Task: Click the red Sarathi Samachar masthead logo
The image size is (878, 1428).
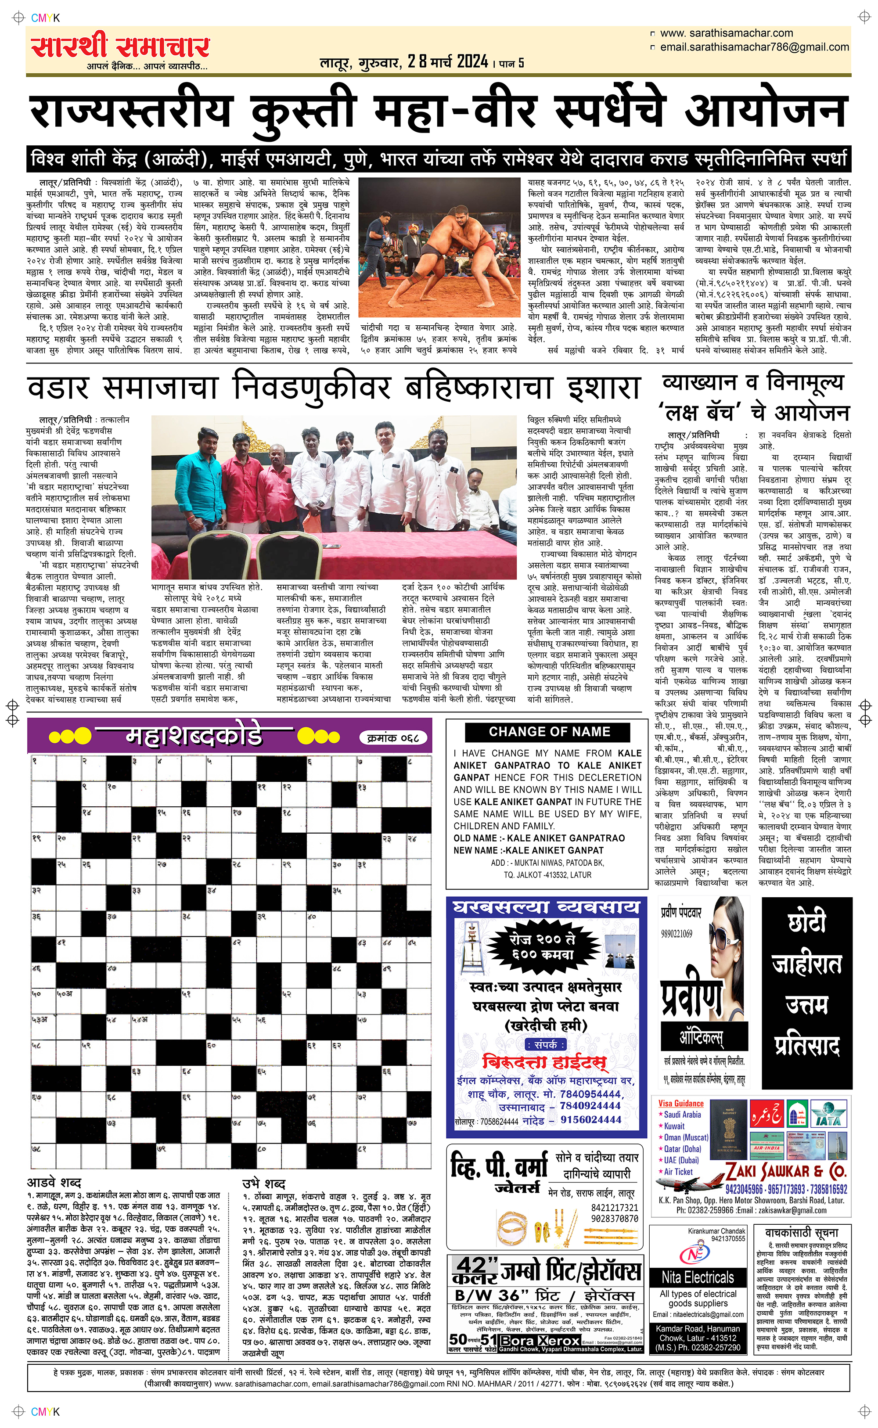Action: (120, 47)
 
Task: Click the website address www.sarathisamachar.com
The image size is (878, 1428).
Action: (726, 33)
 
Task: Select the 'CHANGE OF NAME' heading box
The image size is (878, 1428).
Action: (549, 731)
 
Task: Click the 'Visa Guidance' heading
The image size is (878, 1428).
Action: (680, 1104)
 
